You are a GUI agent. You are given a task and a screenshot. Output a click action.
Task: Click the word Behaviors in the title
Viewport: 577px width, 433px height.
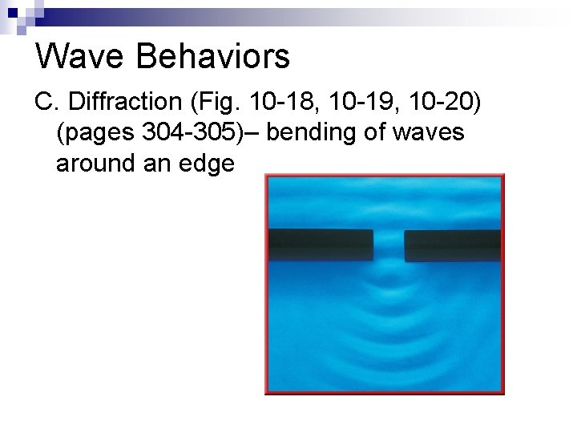coord(212,56)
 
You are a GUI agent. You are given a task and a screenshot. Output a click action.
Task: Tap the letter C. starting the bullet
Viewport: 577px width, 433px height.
coord(48,102)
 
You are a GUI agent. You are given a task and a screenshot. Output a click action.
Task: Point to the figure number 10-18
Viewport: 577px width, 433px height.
coord(272,102)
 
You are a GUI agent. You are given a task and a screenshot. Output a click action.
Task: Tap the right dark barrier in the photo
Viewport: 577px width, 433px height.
coord(453,245)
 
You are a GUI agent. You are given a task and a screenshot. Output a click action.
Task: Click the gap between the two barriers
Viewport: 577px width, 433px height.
coord(389,245)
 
